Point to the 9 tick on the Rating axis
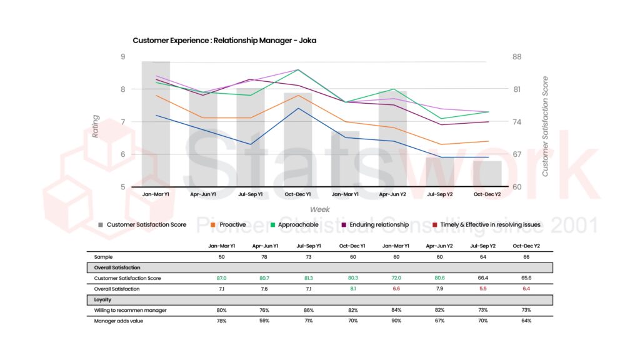(122, 57)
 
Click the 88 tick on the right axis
(517, 57)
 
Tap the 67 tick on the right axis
(517, 154)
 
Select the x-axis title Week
(319, 209)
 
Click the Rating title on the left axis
(96, 126)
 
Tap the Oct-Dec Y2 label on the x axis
(487, 194)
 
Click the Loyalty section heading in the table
(104, 299)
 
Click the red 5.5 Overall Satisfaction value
(440, 289)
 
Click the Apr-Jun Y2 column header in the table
(392, 246)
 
